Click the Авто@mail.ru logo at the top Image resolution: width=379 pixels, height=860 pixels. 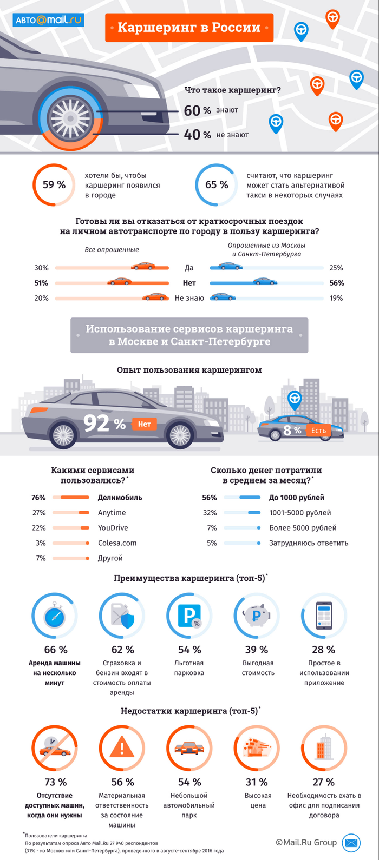click(48, 21)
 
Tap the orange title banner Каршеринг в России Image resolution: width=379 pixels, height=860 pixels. click(189, 27)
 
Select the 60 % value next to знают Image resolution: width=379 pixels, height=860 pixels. click(197, 110)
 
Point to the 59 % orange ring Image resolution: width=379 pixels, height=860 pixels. click(54, 185)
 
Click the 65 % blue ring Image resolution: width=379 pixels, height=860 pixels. click(216, 185)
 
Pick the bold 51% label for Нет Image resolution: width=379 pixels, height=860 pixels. click(41, 283)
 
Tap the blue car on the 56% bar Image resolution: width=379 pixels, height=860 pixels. click(265, 281)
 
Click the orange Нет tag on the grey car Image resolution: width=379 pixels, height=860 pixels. click(144, 424)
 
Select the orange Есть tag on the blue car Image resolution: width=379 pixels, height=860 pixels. click(318, 431)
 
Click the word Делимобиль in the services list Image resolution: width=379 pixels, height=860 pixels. click(120, 498)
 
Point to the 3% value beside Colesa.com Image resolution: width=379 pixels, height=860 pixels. click(41, 543)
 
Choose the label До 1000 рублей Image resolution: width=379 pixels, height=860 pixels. click(297, 498)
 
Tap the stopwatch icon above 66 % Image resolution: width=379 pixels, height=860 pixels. click(55, 617)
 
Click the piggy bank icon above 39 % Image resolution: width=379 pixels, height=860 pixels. click(257, 616)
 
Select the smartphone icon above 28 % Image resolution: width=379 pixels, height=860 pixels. click(324, 616)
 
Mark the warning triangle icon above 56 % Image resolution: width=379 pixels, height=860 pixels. click(122, 749)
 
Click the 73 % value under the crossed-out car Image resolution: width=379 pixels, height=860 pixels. click(55, 782)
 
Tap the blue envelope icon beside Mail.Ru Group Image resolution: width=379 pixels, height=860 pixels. click(351, 843)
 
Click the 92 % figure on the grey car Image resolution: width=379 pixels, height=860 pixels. click(104, 424)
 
